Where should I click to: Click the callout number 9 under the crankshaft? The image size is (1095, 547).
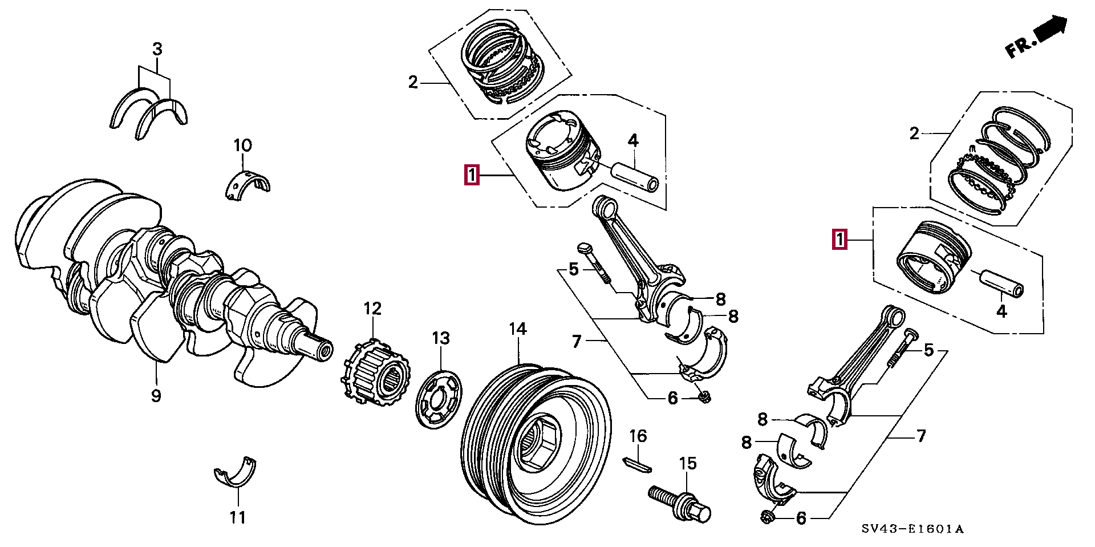pyautogui.click(x=156, y=395)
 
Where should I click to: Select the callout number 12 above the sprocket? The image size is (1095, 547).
pyautogui.click(x=372, y=309)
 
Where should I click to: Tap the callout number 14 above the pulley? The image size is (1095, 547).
pyautogui.click(x=518, y=329)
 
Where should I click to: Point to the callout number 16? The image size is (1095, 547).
pyautogui.click(x=638, y=436)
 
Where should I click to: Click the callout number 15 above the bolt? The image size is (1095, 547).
pyautogui.click(x=688, y=463)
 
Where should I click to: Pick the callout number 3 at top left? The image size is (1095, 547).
pyautogui.click(x=157, y=49)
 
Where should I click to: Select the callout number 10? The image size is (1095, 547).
pyautogui.click(x=242, y=145)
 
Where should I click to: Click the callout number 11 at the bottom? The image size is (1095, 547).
pyautogui.click(x=238, y=517)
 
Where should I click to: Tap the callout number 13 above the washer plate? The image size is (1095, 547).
pyautogui.click(x=441, y=338)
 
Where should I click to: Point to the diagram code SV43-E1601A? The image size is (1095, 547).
pyautogui.click(x=912, y=529)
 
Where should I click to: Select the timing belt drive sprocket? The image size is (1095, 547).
pyautogui.click(x=376, y=374)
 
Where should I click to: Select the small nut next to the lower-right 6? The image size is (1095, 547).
pyautogui.click(x=767, y=517)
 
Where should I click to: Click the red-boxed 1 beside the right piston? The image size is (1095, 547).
pyautogui.click(x=839, y=240)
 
